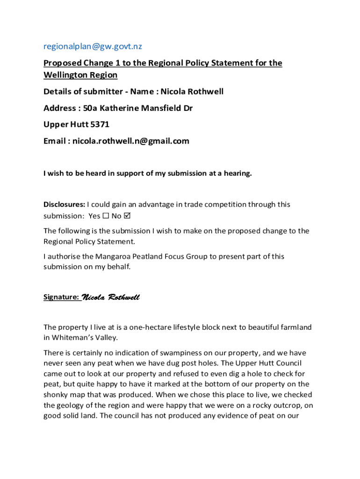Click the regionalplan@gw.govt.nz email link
pyautogui.click(x=93, y=46)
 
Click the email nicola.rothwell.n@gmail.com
pyautogui.click(x=131, y=141)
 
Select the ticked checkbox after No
pyautogui.click(x=128, y=216)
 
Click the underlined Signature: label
pyautogui.click(x=62, y=297)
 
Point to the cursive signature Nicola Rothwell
pyautogui.click(x=111, y=298)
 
